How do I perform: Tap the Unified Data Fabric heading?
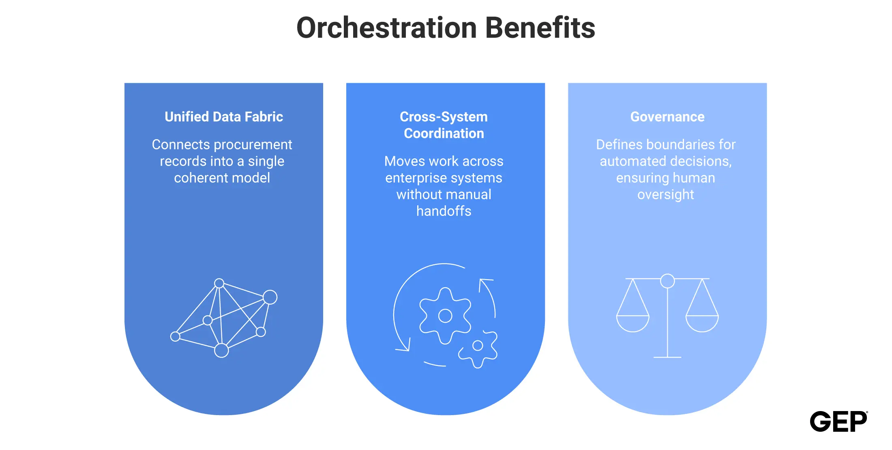tap(224, 117)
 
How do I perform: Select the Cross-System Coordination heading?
tap(444, 125)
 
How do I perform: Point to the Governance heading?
tap(667, 117)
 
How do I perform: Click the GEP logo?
tap(838, 421)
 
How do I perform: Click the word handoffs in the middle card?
tap(444, 211)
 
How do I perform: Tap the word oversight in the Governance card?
tap(666, 195)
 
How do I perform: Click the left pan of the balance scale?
tap(633, 324)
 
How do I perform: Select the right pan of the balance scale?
tap(702, 324)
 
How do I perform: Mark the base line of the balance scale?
tap(667, 357)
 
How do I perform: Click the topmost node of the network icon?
tap(219, 283)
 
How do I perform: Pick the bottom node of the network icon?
tap(221, 350)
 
